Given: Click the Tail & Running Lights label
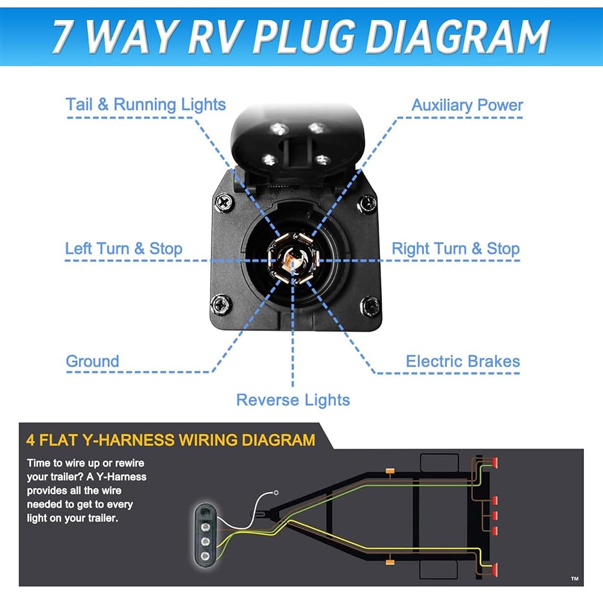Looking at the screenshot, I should point(145,104).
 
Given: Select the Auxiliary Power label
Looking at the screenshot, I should point(467,105).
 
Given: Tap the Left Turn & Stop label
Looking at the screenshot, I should point(124,248).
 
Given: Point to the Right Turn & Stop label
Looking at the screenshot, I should point(455,248).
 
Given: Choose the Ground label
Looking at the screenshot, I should point(92,361).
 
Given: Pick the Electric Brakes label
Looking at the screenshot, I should point(463,361).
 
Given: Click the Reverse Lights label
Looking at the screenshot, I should point(293,400).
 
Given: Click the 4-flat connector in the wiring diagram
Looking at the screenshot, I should point(205,531).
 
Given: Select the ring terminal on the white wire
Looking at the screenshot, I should point(276,493).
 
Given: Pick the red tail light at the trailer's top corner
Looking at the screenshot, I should point(494,463).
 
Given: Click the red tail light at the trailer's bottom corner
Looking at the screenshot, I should point(494,569).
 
